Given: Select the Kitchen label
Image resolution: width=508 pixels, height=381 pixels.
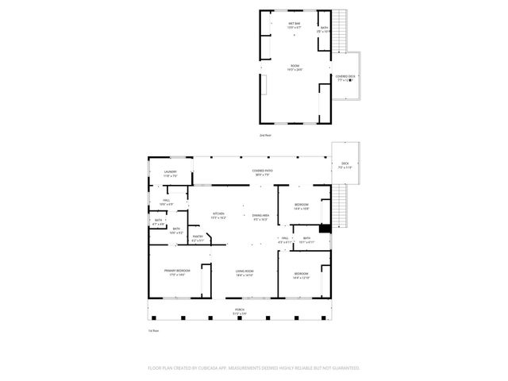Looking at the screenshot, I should tap(218, 215).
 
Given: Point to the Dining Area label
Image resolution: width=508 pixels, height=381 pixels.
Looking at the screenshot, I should tap(260, 215).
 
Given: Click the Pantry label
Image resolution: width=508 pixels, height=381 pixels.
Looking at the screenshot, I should tap(198, 238).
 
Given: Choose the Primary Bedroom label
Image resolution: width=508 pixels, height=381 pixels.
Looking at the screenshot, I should tap(175, 272).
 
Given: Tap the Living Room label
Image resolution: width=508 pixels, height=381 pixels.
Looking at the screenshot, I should tap(244, 272).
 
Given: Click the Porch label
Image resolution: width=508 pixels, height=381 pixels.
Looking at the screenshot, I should tap(239, 310).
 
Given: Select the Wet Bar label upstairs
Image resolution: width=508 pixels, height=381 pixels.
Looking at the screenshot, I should tap(294, 25).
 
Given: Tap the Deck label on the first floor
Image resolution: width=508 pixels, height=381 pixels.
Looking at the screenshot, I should tap(345, 165).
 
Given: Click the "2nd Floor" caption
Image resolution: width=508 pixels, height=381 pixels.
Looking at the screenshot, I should tap(265, 136).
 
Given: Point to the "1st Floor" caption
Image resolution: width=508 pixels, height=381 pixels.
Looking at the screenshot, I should tap(154, 330).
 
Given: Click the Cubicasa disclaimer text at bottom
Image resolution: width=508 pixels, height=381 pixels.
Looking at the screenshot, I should tap(254, 368).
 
